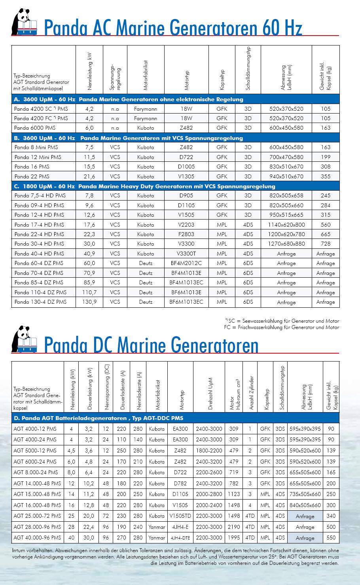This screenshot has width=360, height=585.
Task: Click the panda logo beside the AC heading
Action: pos(25,23)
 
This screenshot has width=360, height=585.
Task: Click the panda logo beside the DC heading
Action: pos(25,339)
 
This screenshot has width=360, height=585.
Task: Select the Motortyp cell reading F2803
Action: pos(186,234)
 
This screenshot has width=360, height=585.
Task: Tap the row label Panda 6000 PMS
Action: pos(35,128)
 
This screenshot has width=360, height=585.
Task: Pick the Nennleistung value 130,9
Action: pos(89,302)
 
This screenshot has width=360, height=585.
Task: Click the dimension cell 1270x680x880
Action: pos(286,244)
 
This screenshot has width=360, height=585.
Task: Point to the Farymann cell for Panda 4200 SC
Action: pos(146,109)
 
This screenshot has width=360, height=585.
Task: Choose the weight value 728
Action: pos(326,244)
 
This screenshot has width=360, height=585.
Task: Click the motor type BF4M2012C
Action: pos(186,263)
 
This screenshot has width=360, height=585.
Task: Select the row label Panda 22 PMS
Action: pos(32,176)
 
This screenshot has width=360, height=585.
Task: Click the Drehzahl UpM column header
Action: pos(210,393)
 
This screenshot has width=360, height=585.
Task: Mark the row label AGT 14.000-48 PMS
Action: pos(37,483)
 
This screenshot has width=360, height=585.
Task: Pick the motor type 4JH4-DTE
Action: pos(180,538)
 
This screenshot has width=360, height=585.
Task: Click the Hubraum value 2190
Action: pos(234,527)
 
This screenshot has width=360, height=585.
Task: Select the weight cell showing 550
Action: pos(331,538)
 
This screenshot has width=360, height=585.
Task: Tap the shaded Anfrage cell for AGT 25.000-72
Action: pos(305,516)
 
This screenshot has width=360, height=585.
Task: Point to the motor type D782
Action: pos(180,483)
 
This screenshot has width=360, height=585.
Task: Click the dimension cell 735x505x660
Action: pos(305,494)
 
